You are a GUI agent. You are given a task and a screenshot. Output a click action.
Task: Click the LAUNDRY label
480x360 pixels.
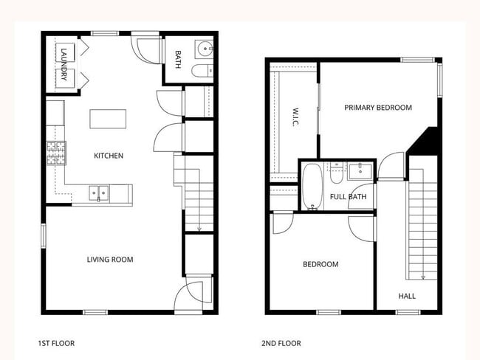point(64,64)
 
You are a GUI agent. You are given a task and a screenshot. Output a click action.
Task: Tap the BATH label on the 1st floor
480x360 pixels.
point(178,59)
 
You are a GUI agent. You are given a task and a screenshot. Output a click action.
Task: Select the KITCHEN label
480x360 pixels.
point(108,156)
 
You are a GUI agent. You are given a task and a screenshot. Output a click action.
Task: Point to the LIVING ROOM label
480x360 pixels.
point(110,259)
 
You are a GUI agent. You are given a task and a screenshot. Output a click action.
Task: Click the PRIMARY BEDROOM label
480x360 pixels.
point(378,108)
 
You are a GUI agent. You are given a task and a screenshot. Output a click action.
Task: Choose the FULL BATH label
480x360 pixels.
point(348,197)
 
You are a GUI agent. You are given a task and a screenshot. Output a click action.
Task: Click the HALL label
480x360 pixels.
point(407,296)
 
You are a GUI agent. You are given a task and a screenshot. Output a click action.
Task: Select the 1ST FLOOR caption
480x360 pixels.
point(56,343)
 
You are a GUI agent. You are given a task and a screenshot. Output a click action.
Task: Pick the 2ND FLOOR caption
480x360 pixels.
point(281,343)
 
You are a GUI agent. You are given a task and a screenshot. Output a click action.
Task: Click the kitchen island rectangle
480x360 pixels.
point(108,120)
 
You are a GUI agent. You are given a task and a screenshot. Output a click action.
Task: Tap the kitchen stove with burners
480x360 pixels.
point(55,153)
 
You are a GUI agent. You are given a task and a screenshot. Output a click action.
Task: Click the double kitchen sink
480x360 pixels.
point(99,193)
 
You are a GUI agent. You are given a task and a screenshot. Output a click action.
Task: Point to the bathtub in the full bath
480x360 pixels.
point(312,187)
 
